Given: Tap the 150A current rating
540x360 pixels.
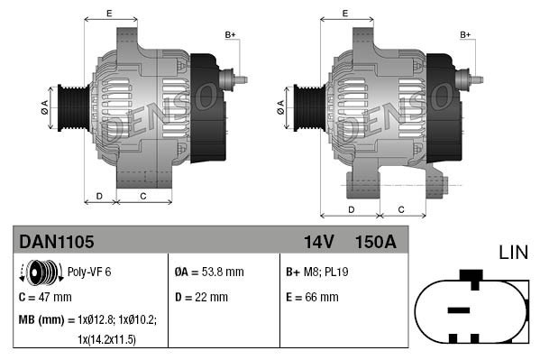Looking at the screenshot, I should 376,242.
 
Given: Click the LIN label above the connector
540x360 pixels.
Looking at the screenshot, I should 514,252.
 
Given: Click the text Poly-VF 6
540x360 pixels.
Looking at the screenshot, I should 90,272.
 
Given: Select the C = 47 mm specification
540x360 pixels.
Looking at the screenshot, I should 45,296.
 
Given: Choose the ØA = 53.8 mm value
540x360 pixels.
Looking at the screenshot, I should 208,272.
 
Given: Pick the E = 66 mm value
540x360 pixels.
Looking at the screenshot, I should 312,296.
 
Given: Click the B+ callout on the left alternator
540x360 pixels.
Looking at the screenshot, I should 230,34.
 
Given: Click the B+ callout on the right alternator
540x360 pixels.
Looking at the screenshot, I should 465,34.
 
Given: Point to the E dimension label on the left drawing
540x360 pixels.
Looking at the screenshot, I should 109,14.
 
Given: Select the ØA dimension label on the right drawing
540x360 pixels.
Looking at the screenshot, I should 281,105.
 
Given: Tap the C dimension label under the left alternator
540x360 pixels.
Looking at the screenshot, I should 143,196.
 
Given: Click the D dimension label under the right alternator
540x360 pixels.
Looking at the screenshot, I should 350,209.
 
